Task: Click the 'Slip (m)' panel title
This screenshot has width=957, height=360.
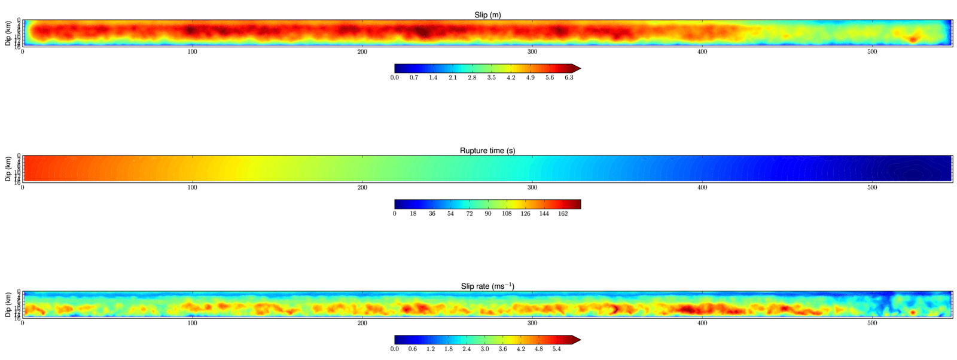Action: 487,15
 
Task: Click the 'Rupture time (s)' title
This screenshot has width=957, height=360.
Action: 487,151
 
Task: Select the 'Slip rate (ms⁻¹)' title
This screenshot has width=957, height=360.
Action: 487,286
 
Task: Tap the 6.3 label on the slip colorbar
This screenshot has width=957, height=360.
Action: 569,78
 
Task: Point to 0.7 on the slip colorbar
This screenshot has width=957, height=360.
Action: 414,78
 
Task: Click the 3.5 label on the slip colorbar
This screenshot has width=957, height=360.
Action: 491,78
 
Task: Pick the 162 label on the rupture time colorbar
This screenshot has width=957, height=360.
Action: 563,213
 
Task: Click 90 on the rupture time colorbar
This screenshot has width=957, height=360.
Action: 488,213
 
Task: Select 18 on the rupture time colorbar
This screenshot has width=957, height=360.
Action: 413,213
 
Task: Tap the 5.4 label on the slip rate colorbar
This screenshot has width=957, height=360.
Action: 557,349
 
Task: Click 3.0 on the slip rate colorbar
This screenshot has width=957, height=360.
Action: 484,349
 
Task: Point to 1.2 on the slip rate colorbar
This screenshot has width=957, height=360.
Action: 431,349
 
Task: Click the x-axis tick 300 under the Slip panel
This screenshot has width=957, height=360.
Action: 532,52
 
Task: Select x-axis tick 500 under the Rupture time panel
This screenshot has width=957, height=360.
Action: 872,188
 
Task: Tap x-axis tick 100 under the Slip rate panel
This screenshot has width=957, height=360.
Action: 192,324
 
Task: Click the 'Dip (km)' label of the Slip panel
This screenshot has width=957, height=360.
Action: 8,33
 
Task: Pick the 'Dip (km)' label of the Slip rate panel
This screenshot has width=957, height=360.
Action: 8,304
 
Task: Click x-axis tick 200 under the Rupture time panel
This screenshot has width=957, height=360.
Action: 362,188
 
